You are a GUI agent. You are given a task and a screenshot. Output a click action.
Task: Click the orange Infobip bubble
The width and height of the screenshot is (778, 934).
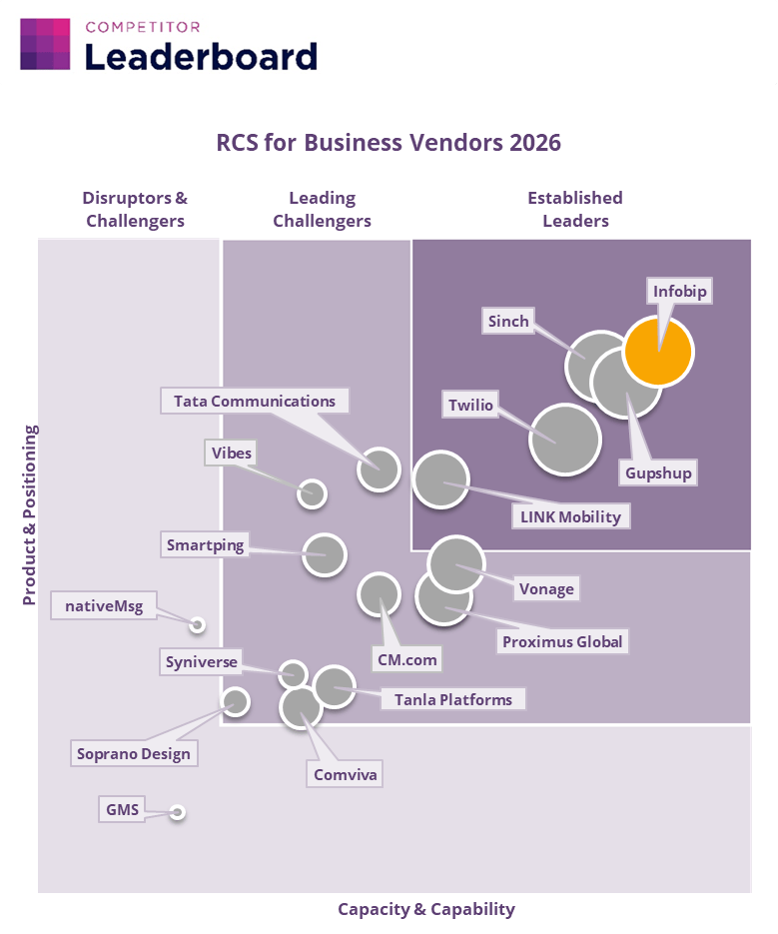[x=658, y=352]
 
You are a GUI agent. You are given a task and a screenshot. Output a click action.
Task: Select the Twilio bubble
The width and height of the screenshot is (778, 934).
[x=564, y=439]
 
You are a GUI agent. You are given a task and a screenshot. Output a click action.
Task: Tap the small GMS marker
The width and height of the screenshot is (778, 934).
[x=178, y=812]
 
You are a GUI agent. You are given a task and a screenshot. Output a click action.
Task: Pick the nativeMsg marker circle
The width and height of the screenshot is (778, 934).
[x=198, y=624]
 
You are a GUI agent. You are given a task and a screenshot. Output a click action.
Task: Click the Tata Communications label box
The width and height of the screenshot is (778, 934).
[x=255, y=402]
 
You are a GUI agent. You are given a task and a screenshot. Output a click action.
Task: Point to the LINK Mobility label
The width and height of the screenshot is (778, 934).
[x=570, y=516]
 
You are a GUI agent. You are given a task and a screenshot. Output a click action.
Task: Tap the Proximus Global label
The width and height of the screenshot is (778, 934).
[x=562, y=641]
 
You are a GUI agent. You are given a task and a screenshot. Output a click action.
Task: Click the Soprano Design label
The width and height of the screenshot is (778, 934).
[x=134, y=753]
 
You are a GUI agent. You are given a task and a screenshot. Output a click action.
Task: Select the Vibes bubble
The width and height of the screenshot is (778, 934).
[x=313, y=492]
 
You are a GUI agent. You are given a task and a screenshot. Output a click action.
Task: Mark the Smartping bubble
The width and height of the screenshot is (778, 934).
[x=324, y=554]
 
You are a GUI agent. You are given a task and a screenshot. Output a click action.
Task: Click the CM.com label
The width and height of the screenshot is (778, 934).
[x=406, y=659]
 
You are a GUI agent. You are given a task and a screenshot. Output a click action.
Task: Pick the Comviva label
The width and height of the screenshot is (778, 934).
[x=346, y=774]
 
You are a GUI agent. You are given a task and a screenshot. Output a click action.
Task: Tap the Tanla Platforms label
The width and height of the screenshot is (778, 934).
[x=452, y=699]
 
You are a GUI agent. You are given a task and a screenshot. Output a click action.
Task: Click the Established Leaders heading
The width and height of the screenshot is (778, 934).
[x=575, y=210]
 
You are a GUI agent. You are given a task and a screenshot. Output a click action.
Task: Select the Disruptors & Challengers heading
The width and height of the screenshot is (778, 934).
[x=135, y=210]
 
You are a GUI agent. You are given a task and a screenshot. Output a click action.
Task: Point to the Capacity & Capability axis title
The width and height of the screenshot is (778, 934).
[x=426, y=909]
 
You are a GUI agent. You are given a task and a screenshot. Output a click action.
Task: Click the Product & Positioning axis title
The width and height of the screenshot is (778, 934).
[x=30, y=515]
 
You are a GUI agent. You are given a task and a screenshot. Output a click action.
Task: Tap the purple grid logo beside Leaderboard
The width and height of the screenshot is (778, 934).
[x=45, y=44]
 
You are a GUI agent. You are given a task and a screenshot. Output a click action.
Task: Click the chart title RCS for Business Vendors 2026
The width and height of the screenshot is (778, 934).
[x=389, y=142]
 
